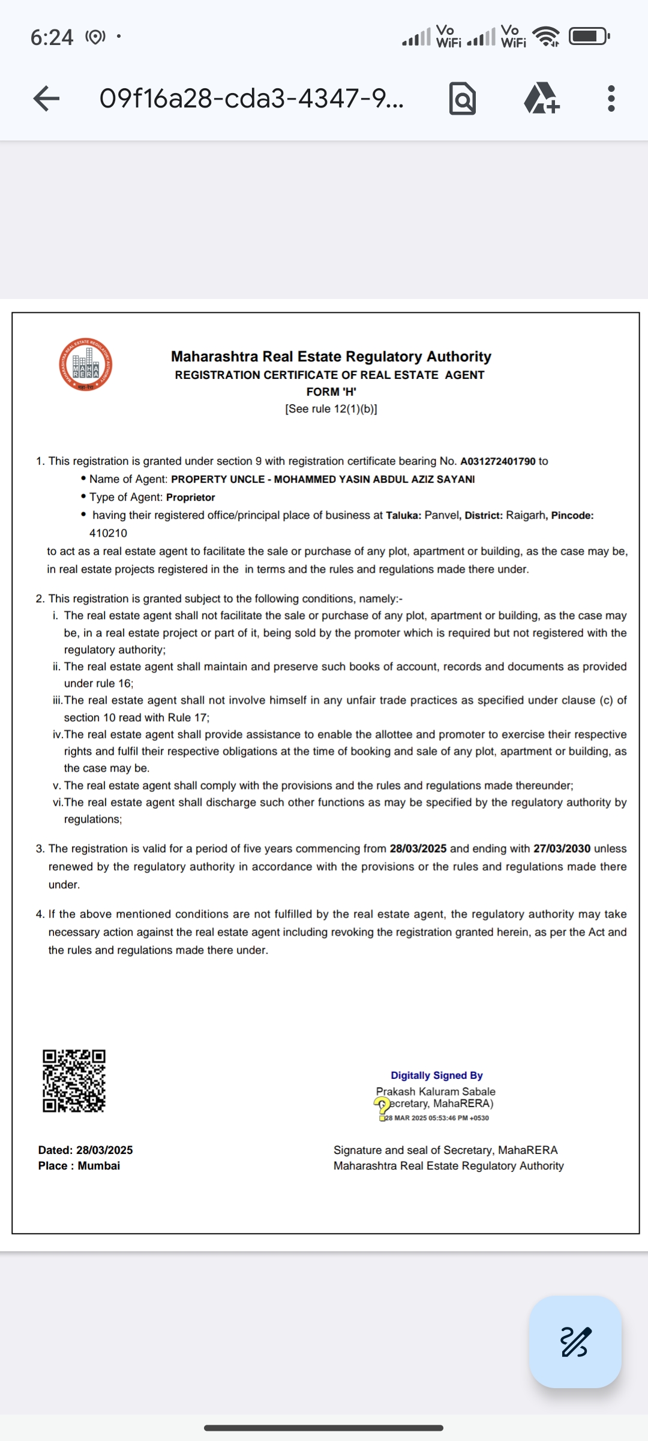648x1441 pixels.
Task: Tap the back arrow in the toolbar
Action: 46,98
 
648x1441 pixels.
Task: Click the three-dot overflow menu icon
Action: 611,98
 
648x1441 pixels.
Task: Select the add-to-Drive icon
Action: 542,98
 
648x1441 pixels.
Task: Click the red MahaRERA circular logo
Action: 86,365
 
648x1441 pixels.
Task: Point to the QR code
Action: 74,1081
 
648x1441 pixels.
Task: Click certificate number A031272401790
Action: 497,461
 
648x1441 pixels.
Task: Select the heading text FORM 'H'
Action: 331,391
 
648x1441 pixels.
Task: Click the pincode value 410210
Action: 108,533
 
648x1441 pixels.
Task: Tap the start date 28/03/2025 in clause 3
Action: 418,848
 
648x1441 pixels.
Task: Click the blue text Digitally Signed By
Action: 436,1075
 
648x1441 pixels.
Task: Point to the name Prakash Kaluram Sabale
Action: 436,1092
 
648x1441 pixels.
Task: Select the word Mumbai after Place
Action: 99,1165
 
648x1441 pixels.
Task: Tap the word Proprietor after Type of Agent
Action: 190,497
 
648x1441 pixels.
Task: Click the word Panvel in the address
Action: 442,515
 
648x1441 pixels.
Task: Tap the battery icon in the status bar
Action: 589,37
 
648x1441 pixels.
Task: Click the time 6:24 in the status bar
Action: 52,38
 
